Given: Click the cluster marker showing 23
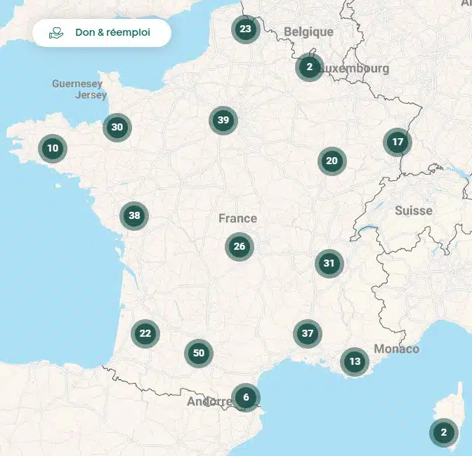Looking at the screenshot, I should [245, 29].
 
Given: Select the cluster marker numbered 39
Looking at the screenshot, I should [223, 121].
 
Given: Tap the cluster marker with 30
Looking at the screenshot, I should [117, 128].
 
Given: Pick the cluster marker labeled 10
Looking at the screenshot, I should [53, 149].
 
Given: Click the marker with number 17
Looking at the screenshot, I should [398, 142].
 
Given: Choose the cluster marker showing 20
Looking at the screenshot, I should [332, 161].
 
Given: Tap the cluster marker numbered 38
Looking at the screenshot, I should [134, 216].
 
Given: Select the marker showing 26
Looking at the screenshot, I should [240, 247].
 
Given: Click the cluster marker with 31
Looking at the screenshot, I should [329, 264].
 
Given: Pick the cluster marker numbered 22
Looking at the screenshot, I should [145, 334].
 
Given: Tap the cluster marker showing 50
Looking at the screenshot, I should [199, 354].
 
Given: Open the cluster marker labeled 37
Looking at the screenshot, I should [307, 334].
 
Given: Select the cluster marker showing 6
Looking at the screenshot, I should [246, 398].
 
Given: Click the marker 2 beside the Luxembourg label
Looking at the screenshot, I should [309, 67].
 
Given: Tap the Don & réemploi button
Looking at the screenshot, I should [102, 33].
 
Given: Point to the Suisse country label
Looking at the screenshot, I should [414, 210].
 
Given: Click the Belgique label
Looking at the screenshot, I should [309, 32].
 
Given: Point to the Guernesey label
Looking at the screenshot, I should [77, 84].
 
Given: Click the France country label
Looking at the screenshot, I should [237, 219].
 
